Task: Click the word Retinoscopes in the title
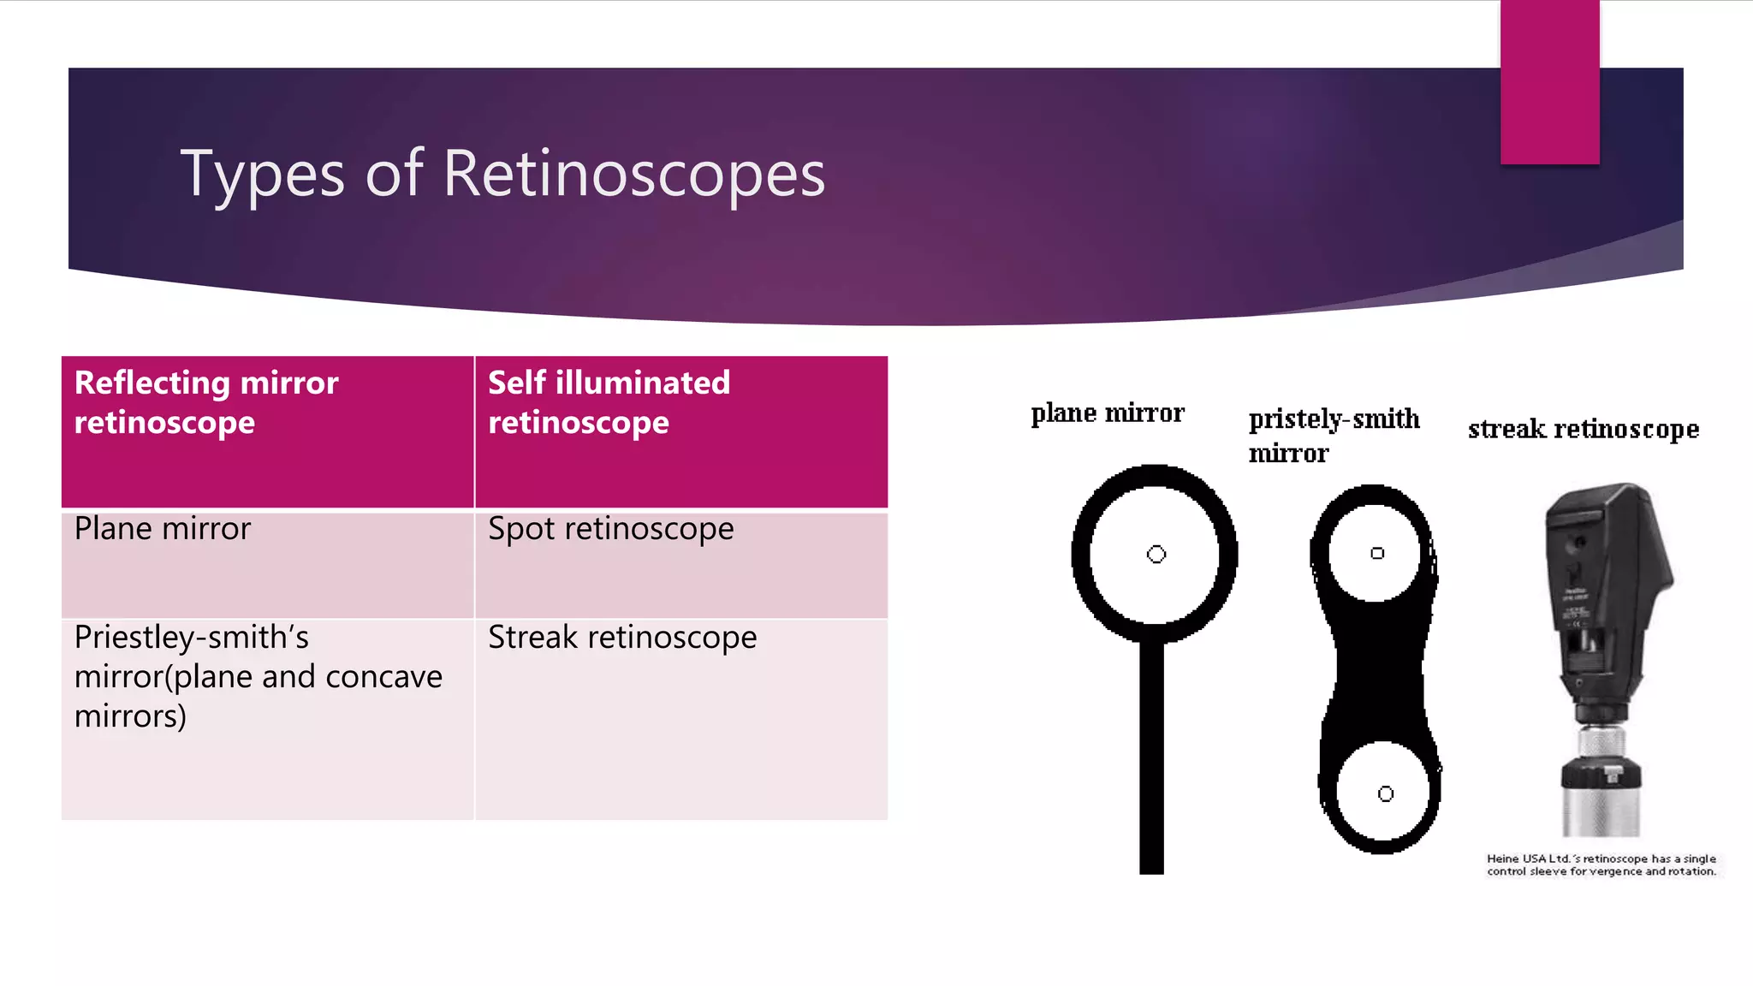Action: tap(633, 174)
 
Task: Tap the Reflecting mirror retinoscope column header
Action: tap(267, 431)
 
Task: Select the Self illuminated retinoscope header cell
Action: tap(680, 431)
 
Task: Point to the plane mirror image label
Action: tap(1107, 413)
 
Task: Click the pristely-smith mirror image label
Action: tap(1333, 435)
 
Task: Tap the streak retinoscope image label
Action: tap(1583, 428)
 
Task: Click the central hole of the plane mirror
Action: tap(1156, 555)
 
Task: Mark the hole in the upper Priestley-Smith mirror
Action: tap(1376, 553)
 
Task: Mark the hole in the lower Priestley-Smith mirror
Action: tap(1385, 794)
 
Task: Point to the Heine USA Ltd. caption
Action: tap(1601, 864)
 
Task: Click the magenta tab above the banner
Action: tap(1549, 81)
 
